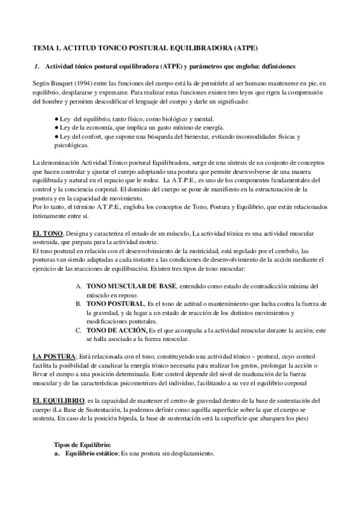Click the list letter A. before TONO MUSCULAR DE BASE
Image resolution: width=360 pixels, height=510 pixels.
point(79,286)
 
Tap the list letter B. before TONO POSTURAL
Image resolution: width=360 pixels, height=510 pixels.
point(79,304)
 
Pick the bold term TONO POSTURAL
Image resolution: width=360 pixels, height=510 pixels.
point(115,304)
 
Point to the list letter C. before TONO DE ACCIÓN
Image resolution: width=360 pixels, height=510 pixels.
point(79,330)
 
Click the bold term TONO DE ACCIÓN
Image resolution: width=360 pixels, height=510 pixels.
point(117,330)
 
